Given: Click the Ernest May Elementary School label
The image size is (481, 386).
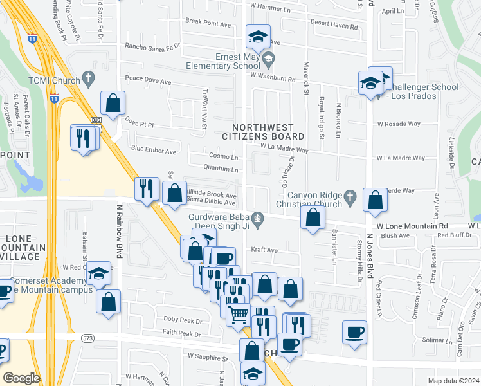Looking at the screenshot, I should click(223, 61).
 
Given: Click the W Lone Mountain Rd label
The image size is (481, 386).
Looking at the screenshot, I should click(412, 226).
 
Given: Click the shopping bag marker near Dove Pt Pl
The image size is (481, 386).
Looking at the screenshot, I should click(113, 103).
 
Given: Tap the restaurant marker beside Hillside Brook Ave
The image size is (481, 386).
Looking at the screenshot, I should click(147, 188).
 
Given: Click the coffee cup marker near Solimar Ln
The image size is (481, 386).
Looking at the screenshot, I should click(354, 332).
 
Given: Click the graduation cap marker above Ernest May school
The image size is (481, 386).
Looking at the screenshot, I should click(258, 36).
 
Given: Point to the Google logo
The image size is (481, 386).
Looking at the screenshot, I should click(21, 378).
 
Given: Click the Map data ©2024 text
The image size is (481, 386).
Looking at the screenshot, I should click(453, 381).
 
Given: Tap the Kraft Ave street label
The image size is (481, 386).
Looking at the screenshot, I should click(264, 250).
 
